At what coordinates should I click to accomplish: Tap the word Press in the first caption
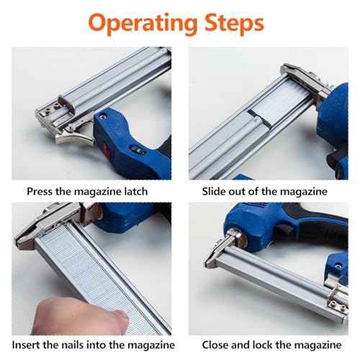click(x=41, y=192)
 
